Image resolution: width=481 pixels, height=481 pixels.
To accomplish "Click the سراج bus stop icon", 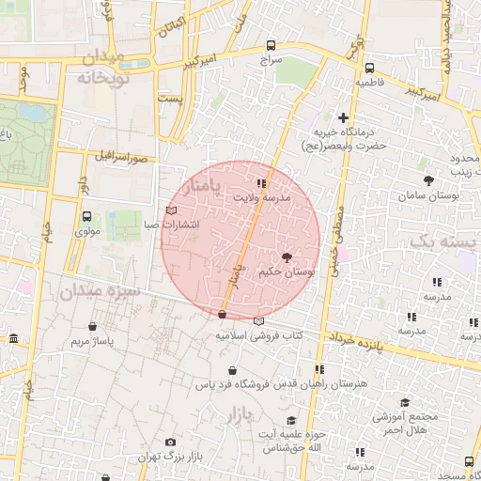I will click(272, 44).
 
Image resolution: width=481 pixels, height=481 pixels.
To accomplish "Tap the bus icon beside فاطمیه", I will click(368, 68).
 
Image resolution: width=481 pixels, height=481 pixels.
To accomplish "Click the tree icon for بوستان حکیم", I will click(287, 256).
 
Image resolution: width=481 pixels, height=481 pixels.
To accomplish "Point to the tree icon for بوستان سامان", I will click(428, 179).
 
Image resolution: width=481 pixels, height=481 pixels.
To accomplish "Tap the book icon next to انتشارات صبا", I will click(170, 210).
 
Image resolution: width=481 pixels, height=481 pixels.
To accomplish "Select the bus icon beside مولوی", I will click(86, 215).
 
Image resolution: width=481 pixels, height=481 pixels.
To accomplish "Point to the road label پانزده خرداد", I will click(361, 339).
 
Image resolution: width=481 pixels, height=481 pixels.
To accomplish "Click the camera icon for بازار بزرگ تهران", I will click(170, 442).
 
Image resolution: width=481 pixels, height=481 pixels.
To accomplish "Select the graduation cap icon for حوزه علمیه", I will click(291, 419).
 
